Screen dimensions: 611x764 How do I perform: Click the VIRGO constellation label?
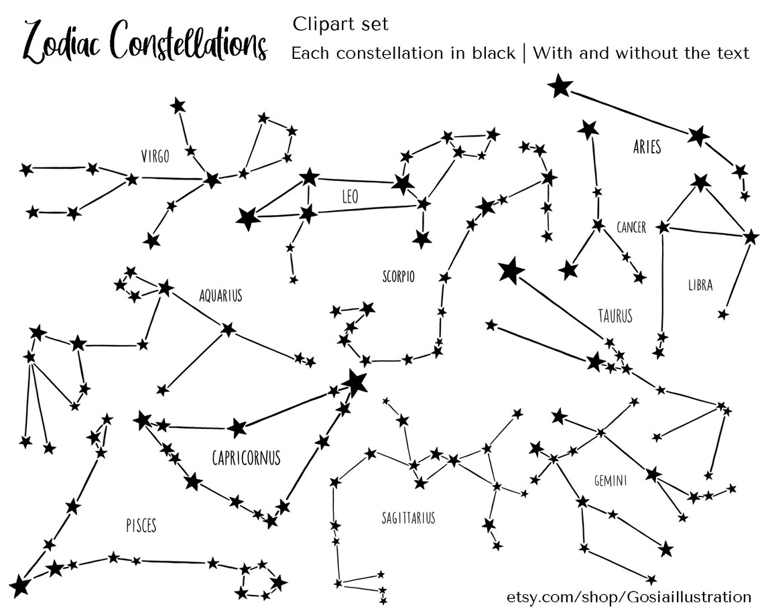pos(155,156)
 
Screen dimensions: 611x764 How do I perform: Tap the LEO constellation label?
pos(350,197)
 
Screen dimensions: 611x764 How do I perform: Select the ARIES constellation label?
pos(647,147)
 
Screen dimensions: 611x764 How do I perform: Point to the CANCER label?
pos(631,228)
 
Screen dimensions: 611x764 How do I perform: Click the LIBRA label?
pos(700,285)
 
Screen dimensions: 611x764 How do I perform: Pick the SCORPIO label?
pos(398,276)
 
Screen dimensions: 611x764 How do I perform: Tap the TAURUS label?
pos(615,315)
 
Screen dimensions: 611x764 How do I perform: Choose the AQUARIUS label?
pos(220,295)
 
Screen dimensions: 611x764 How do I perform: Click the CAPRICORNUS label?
pos(246,458)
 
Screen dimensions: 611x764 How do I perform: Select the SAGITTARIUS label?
pos(408,518)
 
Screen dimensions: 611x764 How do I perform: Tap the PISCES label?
pos(141,525)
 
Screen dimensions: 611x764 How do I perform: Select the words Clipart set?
pos(340,25)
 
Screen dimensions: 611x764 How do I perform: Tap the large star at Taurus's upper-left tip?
pos(511,271)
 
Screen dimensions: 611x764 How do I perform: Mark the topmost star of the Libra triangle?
pos(701,181)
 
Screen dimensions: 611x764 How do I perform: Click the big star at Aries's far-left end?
pos(560,86)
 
